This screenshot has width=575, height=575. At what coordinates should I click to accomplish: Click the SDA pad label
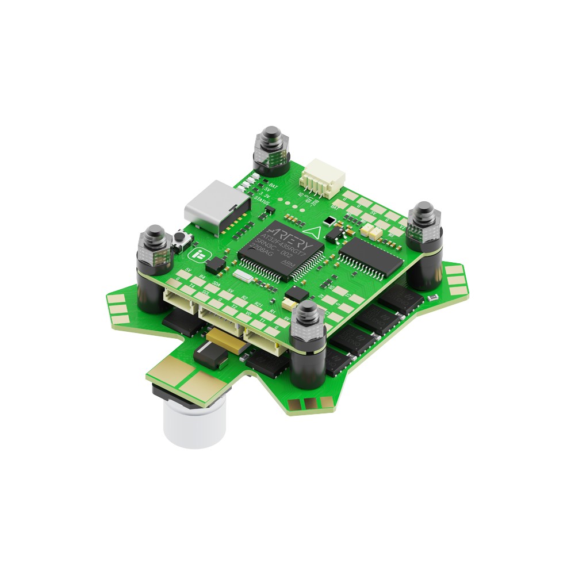point(216,284)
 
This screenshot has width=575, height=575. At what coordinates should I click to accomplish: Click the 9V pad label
point(286,317)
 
